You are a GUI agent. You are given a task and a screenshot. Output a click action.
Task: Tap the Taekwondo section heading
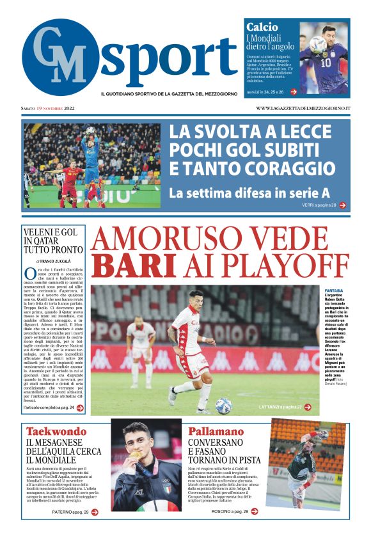(55, 431)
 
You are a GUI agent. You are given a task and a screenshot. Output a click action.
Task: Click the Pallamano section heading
(216, 431)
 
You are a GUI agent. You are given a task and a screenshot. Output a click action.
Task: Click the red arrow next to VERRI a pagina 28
(343, 205)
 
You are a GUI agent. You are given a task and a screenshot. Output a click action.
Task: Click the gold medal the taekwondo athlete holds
(136, 455)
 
